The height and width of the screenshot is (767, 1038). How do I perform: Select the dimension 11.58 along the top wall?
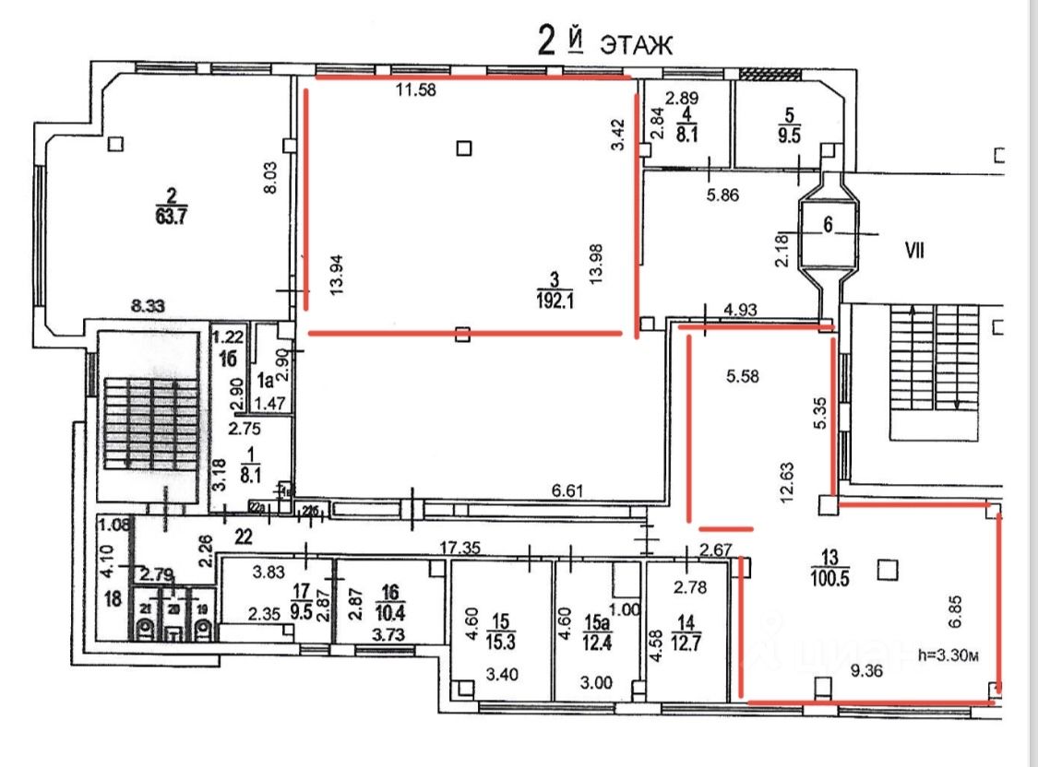pos(415,90)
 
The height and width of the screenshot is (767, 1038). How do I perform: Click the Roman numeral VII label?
pos(915,249)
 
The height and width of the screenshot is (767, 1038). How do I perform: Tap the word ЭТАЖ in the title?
pos(638,44)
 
